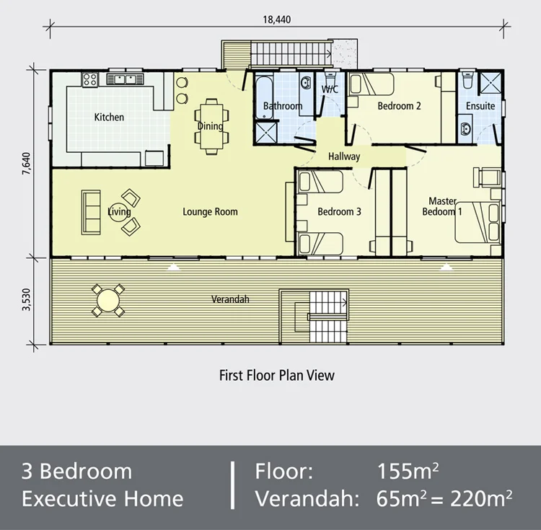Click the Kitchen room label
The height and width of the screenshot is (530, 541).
[109, 117]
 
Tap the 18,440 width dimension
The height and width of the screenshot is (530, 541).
[277, 19]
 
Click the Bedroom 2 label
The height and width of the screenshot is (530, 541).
[399, 106]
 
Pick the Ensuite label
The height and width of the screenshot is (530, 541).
[480, 106]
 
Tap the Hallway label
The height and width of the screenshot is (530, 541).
[344, 156]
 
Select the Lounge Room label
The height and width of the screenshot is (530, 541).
[210, 212]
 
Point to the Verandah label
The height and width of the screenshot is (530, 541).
[230, 299]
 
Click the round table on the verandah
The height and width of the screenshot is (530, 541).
[108, 299]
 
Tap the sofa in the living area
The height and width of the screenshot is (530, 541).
[91, 212]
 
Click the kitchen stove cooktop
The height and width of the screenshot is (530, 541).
[90, 79]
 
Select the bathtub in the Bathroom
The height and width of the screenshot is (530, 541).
[261, 94]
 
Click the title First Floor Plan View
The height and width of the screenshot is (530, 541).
[276, 375]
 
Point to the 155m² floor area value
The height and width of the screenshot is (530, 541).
[408, 472]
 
